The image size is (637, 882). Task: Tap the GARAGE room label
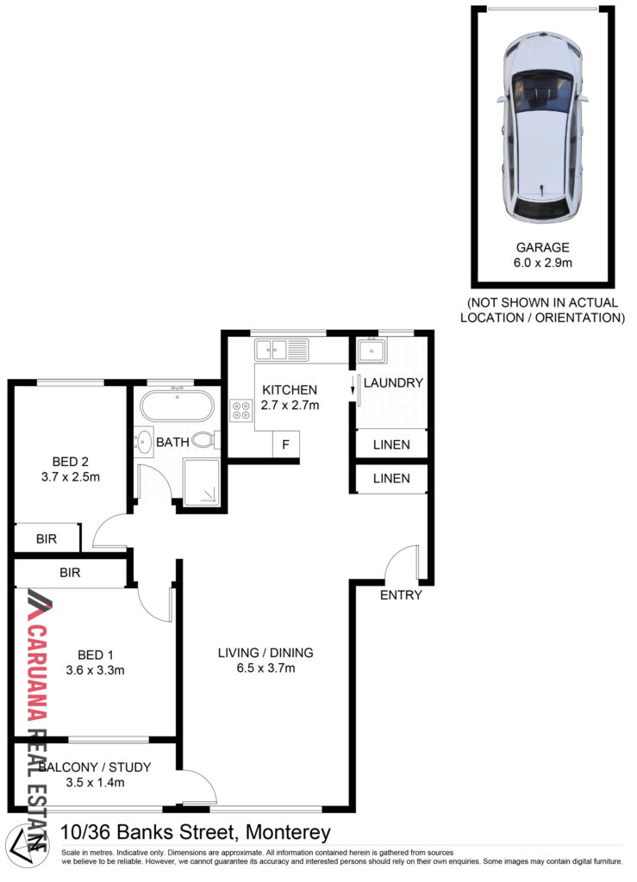542,247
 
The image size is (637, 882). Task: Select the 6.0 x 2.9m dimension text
542,263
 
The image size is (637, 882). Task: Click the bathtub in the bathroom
177,405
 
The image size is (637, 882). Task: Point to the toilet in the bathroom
205,440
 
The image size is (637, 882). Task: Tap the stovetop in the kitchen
241,409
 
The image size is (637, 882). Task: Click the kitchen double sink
281,350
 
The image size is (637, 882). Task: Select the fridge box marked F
286,445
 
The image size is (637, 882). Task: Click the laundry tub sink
372,351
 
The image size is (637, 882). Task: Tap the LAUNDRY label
393,383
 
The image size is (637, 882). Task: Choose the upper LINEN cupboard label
391,445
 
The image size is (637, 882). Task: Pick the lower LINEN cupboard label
391,479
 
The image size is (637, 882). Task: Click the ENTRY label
401,595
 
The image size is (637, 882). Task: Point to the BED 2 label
71,462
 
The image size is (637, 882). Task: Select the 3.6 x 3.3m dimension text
95,670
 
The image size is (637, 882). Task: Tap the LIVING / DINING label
265,653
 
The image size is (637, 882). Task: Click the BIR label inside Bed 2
47,539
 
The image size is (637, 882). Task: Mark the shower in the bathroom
202,482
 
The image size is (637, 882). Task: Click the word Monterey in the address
288,833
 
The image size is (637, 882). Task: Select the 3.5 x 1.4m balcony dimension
95,782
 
